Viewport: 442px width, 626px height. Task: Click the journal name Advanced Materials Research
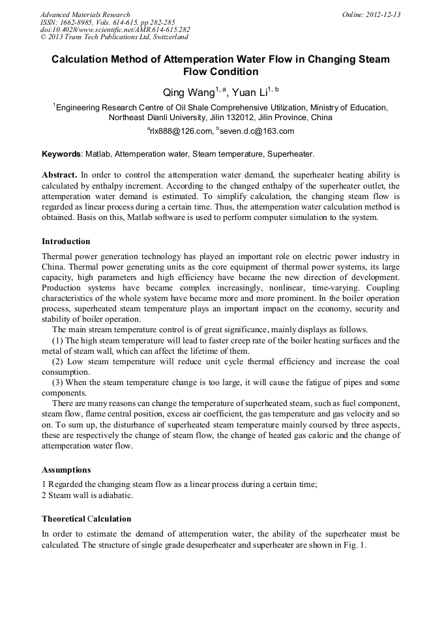[85, 14]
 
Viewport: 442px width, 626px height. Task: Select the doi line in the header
[115, 30]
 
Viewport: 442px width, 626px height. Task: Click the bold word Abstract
[59, 176]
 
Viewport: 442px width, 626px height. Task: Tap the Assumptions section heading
[66, 470]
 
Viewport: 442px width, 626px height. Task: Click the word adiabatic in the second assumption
[116, 495]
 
